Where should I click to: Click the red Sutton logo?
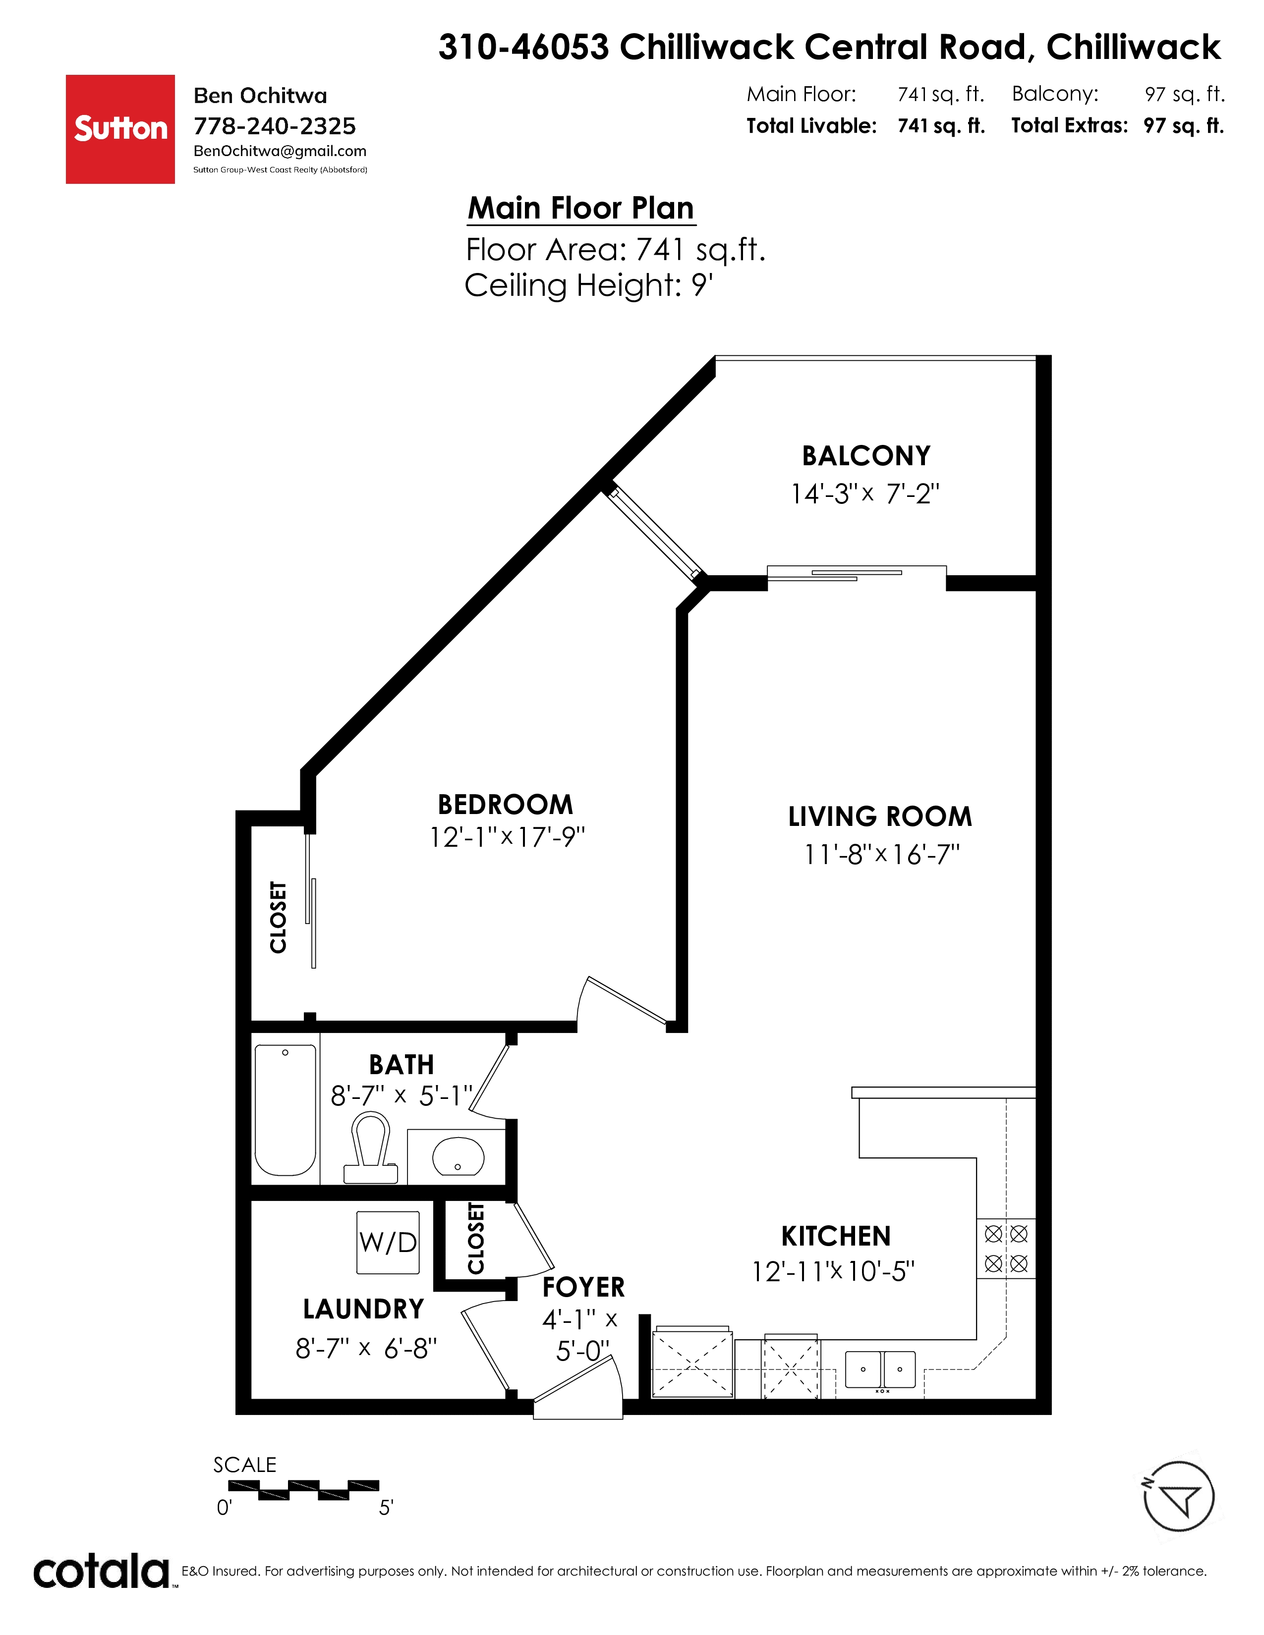click(x=120, y=129)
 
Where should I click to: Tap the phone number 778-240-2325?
click(x=275, y=126)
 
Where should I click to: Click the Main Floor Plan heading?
click(x=581, y=208)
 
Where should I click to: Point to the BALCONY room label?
click(x=866, y=455)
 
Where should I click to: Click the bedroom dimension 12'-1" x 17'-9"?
click(x=507, y=837)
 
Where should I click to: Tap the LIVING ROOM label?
click(x=880, y=816)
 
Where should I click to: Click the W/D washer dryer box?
click(x=388, y=1243)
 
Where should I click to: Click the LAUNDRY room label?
click(x=364, y=1309)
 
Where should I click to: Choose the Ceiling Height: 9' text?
click(x=588, y=286)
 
